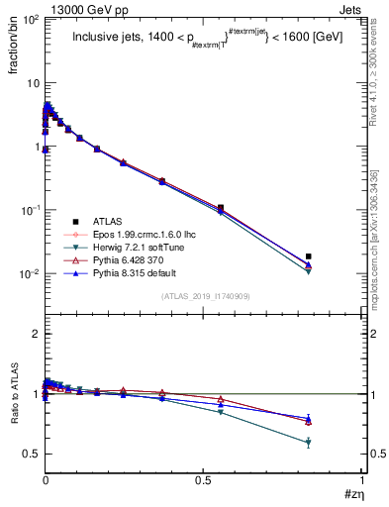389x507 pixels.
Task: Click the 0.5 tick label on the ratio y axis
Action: [x=30, y=454]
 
